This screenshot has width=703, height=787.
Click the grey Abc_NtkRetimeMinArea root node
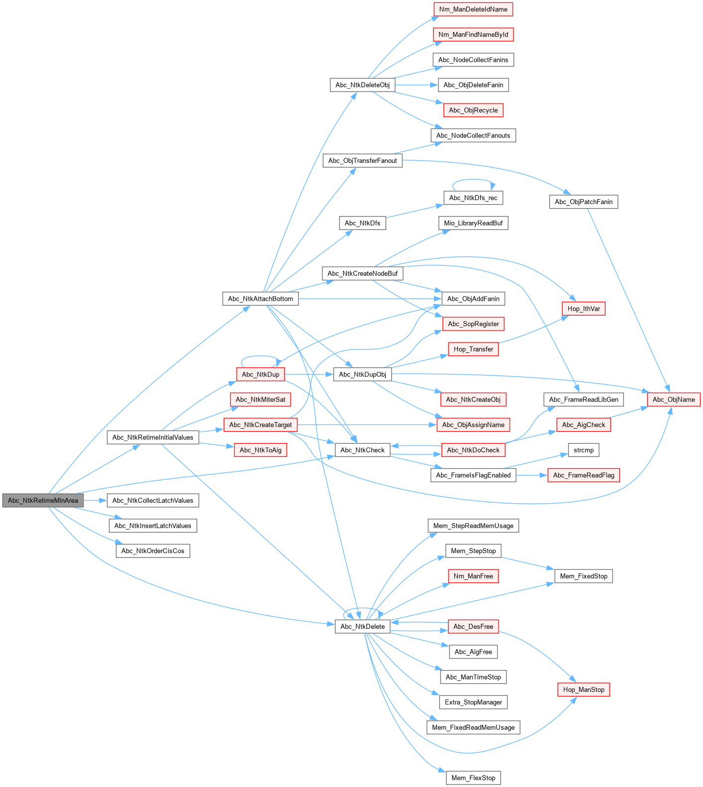pos(43,500)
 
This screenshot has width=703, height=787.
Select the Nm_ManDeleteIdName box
pos(473,9)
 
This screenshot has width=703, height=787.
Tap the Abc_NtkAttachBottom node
pos(260,299)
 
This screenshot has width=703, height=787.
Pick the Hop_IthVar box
pos(584,309)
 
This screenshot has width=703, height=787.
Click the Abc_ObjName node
pos(674,399)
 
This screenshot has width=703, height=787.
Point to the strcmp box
pos(584,450)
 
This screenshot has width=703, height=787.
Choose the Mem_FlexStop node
pos(473,778)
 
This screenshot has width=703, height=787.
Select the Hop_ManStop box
pos(584,689)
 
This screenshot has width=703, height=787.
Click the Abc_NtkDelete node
pos(362,626)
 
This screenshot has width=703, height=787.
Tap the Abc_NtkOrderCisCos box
pos(153,551)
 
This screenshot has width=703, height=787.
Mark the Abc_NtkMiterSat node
pos(260,399)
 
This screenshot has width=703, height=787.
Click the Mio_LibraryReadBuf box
pos(473,223)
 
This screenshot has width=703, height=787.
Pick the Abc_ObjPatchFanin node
pos(583,202)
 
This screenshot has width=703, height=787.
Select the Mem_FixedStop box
pos(583,576)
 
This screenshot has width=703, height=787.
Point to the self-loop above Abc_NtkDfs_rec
pos(473,180)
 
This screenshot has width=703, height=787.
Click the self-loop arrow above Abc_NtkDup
pos(260,357)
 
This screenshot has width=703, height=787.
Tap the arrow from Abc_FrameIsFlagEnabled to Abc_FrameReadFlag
pos(531,475)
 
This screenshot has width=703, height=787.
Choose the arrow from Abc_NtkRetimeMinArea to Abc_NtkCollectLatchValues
pos(95,500)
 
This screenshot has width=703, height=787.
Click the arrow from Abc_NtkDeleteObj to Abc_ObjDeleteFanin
pos(416,85)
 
